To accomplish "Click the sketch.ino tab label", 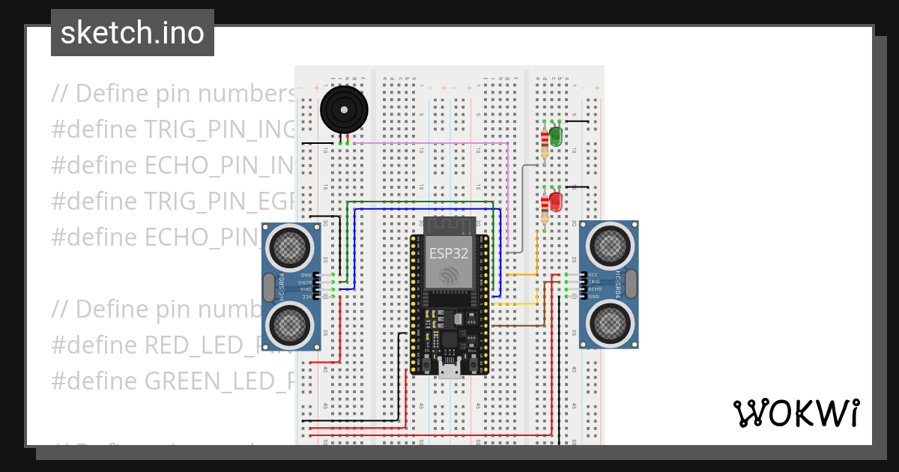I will click(x=132, y=33).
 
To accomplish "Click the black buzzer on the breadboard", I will click(x=343, y=110).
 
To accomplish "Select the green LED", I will click(x=556, y=136).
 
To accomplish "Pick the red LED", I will click(x=556, y=201).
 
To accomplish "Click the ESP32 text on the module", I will click(x=449, y=253).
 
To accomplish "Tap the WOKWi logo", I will click(x=796, y=413).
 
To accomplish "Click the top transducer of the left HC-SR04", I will click(x=289, y=245).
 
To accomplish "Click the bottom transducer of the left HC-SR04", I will click(x=289, y=324).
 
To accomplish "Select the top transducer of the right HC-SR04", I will click(x=611, y=243).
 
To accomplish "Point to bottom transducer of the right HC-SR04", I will click(x=611, y=323).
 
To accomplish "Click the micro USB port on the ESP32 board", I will click(x=449, y=371).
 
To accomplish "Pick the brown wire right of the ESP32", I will click(x=517, y=326).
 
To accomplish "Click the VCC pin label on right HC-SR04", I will click(x=593, y=274).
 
